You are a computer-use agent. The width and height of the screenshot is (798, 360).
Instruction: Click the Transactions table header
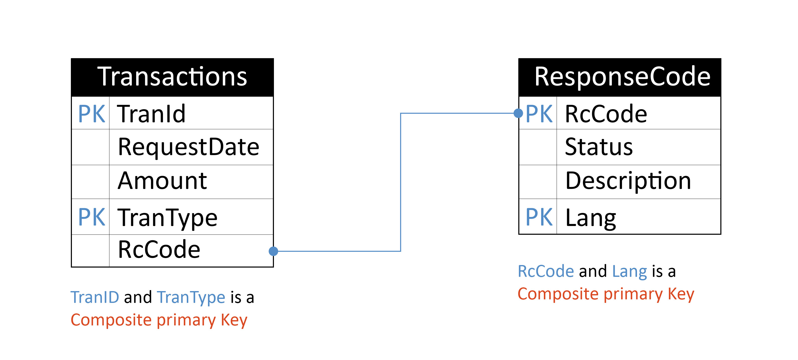172,77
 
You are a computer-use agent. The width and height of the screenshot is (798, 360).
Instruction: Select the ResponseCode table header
622,77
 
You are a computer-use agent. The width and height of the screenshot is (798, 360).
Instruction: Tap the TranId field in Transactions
151,114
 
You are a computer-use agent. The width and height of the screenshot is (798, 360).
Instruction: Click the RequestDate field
188,147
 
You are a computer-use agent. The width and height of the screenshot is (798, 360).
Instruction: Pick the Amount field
162,181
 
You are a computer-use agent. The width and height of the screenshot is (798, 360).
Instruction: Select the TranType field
168,217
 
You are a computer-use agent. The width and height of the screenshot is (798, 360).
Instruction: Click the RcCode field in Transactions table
159,250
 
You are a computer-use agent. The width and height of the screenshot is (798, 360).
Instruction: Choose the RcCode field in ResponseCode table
606,114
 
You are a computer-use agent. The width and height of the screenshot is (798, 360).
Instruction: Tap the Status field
598,147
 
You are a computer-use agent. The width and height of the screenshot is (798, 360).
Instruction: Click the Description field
628,181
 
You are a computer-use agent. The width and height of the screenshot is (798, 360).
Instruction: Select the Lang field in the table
590,217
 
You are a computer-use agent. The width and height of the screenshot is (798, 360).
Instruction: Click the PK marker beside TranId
91,114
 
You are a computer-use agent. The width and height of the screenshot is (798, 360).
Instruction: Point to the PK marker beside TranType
91,217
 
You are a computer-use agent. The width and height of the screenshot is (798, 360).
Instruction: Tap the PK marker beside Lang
539,217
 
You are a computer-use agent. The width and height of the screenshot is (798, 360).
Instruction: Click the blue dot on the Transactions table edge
273,251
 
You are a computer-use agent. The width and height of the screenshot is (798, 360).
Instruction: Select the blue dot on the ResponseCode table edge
518,113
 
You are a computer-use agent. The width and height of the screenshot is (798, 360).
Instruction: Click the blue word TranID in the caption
95,297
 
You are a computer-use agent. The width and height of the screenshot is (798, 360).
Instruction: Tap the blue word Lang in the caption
629,271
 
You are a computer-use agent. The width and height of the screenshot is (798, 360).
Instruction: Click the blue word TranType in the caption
191,297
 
